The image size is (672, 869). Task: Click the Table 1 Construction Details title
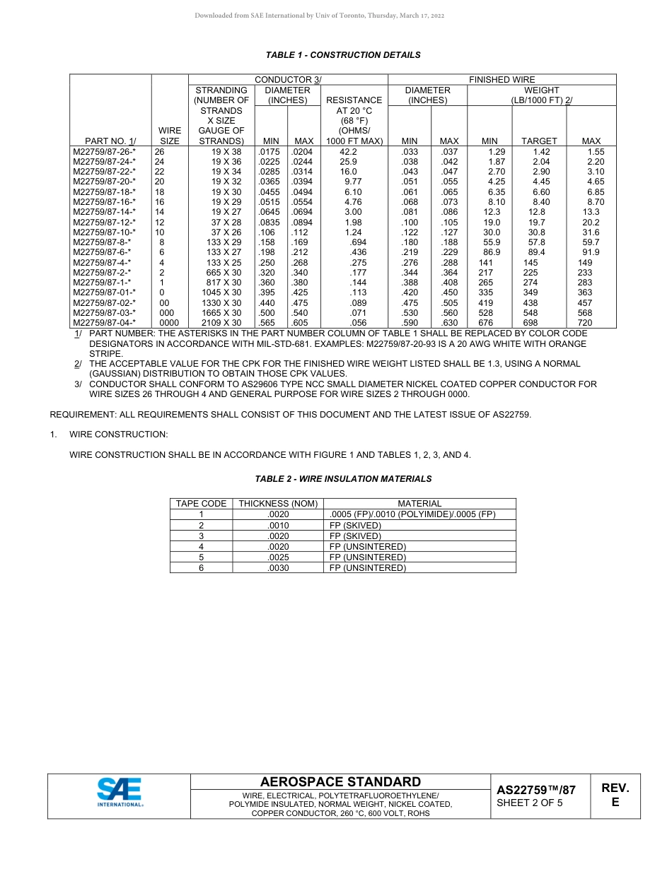tap(342, 55)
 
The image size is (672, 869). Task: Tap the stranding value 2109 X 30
tap(221, 323)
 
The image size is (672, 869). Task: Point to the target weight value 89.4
tap(537, 252)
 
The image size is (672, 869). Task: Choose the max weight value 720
tap(584, 323)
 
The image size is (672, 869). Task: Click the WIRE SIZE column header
tap(169, 136)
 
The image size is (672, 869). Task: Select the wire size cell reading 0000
tap(169, 323)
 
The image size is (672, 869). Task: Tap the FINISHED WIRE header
tap(502, 80)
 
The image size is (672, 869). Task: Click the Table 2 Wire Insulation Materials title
tap(342, 479)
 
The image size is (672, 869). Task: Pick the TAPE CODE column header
tap(201, 504)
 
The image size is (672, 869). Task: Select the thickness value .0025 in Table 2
tap(278, 557)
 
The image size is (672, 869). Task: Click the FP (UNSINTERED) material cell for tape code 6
tap(368, 568)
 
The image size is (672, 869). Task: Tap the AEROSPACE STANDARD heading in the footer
tap(340, 782)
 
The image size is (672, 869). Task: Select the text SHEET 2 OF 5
tap(530, 803)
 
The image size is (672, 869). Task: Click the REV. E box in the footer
tap(615, 795)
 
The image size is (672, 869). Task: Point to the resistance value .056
tap(358, 323)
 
